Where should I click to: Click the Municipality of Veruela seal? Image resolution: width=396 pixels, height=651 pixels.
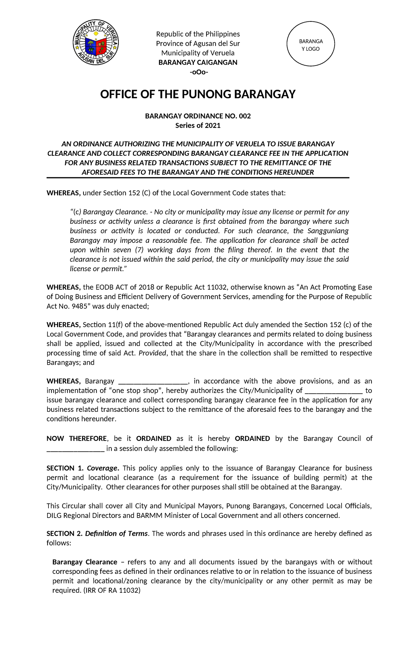96,42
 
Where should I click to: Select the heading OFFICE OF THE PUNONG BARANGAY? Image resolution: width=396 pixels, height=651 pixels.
198,94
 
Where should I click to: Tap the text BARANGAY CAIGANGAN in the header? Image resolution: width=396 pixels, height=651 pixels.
198,63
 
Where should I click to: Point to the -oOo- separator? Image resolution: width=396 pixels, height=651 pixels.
198,72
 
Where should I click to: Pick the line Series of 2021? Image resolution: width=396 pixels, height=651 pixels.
198,126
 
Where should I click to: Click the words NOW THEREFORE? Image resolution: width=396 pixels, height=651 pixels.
77,439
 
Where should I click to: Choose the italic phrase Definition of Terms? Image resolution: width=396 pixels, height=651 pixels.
116,533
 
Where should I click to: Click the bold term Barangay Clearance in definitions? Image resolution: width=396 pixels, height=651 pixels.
85,562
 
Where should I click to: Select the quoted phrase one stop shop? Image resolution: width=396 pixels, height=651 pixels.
136,391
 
